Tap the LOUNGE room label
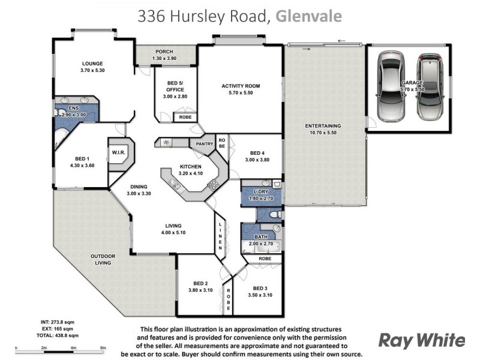92,64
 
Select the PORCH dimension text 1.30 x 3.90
164,59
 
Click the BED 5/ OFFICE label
175,86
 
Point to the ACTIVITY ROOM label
240,86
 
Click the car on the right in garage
430,85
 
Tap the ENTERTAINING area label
323,125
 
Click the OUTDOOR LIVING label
103,259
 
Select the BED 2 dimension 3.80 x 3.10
200,290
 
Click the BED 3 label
259,287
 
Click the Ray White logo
421,340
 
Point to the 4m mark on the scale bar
73,348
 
